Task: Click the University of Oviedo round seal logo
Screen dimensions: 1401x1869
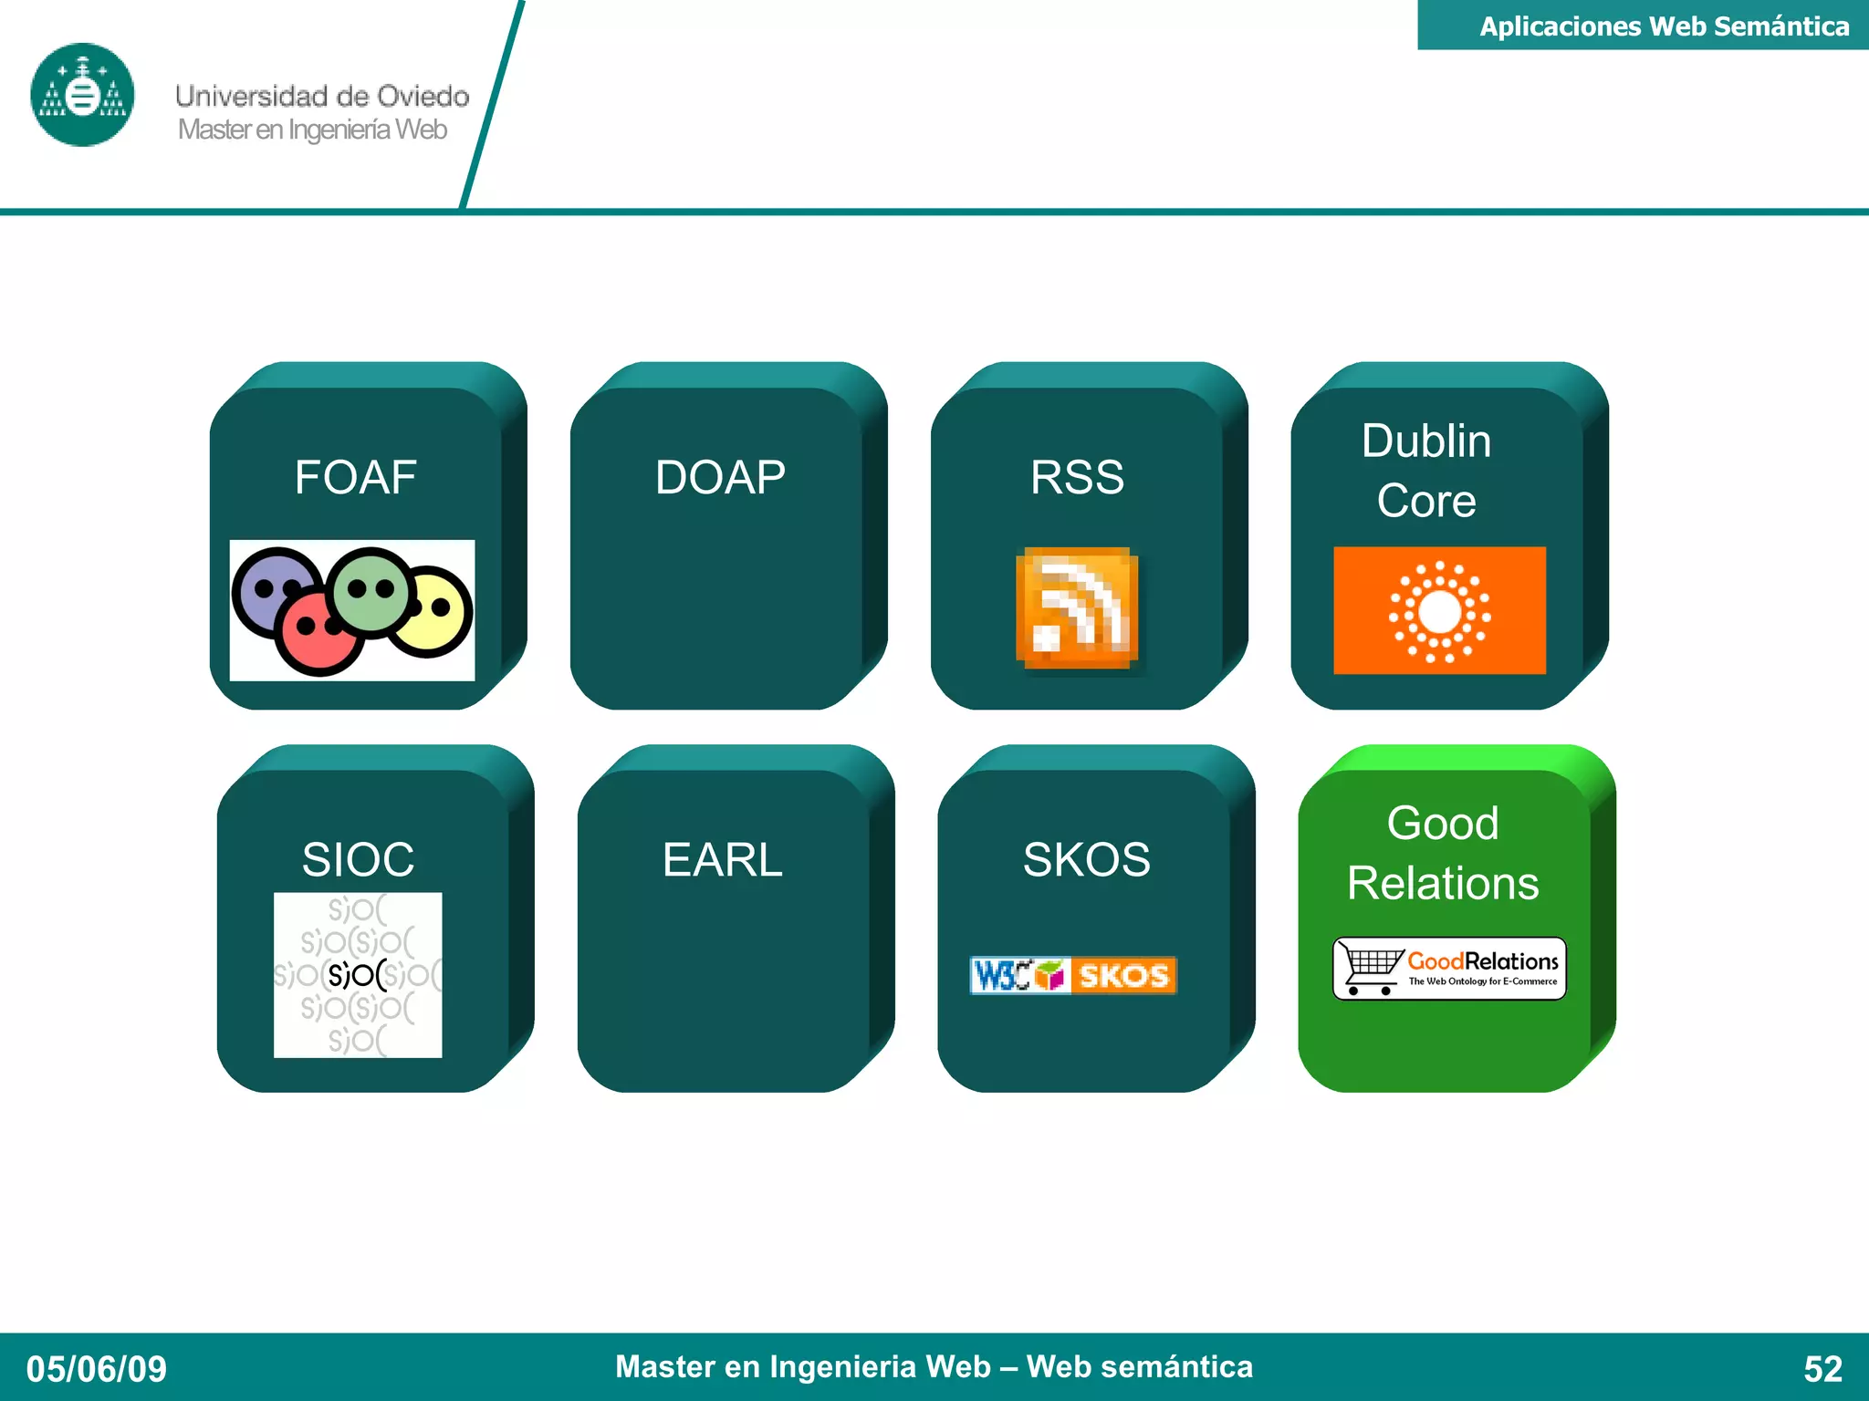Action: pos(82,95)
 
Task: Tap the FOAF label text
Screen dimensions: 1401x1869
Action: pos(355,477)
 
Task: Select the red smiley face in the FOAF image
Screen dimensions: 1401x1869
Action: pos(317,630)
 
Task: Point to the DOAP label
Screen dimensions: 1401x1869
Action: pos(720,477)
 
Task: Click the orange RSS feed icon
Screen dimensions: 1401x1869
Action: pos(1077,607)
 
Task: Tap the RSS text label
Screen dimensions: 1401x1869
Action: pos(1077,477)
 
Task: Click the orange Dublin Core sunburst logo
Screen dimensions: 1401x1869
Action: pos(1439,610)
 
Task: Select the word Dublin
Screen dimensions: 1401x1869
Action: pos(1426,441)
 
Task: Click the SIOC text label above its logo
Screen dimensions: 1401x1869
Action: pos(358,859)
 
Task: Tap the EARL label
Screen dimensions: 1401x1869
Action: pos(722,859)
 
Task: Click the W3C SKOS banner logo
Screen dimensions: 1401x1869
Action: pos(1073,975)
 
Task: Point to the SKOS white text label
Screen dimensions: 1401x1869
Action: pos(1086,859)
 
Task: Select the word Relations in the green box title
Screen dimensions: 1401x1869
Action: pos(1443,883)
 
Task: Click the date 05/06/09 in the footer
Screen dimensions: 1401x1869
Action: pos(97,1368)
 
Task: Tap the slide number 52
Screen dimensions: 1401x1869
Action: pos(1822,1368)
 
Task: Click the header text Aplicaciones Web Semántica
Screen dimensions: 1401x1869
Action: pos(1664,26)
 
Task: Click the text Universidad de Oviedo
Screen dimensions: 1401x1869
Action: pos(322,96)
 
